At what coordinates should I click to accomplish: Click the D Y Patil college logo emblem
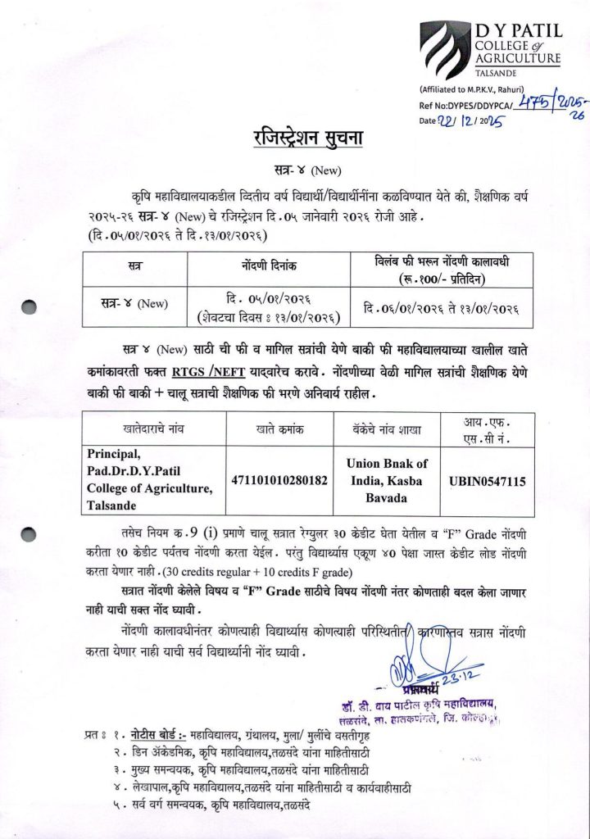pyautogui.click(x=445, y=49)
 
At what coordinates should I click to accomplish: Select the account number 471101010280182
pyautogui.click(x=281, y=478)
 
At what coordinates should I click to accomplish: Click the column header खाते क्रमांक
pyautogui.click(x=281, y=429)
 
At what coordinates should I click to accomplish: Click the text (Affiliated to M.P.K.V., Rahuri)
pyautogui.click(x=468, y=88)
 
